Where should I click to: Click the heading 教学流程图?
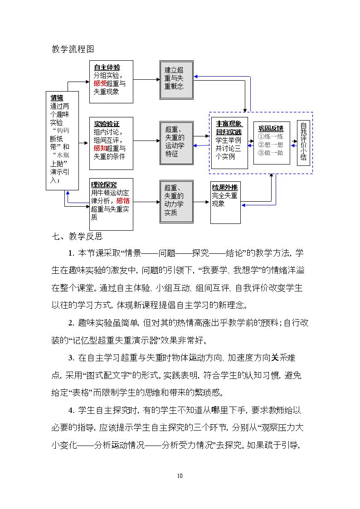pos(73,49)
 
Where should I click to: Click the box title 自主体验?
pos(107,68)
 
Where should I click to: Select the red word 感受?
pos(100,83)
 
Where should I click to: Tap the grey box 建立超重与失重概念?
pos(176,80)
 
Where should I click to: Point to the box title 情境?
pos(57,98)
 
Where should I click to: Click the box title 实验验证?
pos(107,124)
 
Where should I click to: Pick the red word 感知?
pos(100,148)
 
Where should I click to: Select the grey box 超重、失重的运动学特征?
pos(176,143)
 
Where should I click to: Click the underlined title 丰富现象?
pos(229,124)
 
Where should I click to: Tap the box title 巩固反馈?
pos(271,128)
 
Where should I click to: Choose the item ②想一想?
pos(271,145)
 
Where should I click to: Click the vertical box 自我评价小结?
pos(303,143)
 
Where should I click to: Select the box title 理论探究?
pos(104,185)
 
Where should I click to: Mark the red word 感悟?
pos(123,201)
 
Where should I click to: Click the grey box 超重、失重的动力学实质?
pos(176,202)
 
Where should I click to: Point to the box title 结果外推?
pos(224,187)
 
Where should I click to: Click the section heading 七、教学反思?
pos(77,236)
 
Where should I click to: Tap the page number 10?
pos(180,475)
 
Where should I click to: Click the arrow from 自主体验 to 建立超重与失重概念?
pos(146,79)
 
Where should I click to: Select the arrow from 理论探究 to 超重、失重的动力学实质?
pos(146,202)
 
